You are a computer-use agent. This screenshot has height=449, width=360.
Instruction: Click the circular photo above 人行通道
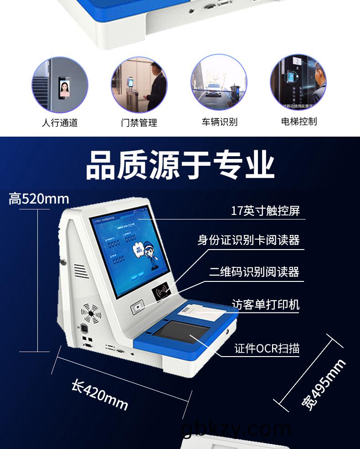click(60, 85)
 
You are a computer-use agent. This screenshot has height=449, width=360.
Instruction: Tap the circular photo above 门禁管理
click(139, 85)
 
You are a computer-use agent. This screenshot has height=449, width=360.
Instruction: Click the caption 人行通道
click(60, 122)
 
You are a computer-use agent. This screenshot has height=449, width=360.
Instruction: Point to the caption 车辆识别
click(220, 122)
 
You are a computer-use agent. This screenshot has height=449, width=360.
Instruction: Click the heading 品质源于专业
click(180, 165)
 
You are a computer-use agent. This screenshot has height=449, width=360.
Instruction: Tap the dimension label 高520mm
click(39, 199)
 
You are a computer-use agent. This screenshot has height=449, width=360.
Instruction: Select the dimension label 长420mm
click(100, 394)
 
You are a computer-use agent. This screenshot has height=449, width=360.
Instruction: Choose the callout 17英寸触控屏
click(265, 211)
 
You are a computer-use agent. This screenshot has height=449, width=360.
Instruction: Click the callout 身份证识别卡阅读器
click(248, 240)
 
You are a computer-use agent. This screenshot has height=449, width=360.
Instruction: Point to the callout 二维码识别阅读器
click(254, 272)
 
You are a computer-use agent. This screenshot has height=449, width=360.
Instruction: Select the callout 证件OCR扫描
click(267, 348)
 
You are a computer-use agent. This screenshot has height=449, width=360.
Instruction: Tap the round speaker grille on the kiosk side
click(90, 313)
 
